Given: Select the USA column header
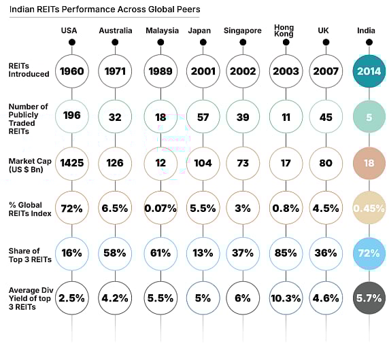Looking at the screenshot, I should pyautogui.click(x=69, y=31).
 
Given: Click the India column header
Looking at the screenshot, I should pyautogui.click(x=368, y=31).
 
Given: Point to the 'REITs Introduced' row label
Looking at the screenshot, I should pyautogui.click(x=29, y=70).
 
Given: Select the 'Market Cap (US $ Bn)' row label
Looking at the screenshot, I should pyautogui.click(x=29, y=163).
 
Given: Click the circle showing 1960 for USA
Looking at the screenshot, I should pyautogui.click(x=72, y=71).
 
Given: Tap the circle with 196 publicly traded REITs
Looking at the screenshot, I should pyautogui.click(x=72, y=116).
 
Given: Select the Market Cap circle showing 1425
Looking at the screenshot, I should pyautogui.click(x=72, y=162).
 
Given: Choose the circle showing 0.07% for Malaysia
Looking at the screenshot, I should pyautogui.click(x=160, y=208).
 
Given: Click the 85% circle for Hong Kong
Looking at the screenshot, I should pyautogui.click(x=286, y=253).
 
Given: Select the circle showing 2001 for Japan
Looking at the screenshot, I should pyautogui.click(x=203, y=71).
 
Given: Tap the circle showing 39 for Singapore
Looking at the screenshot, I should pyautogui.click(x=243, y=117).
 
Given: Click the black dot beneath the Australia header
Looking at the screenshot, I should pyautogui.click(x=116, y=42).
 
